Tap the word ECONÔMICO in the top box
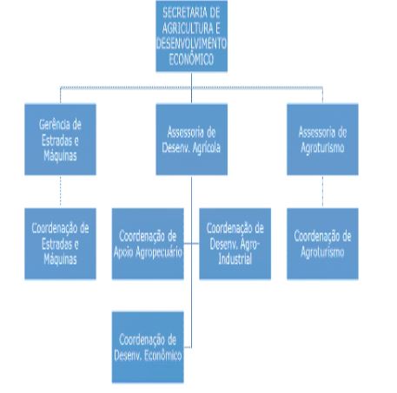[x=191, y=59]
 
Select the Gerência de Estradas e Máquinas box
[x=60, y=140]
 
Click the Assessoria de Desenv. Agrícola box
[x=191, y=140]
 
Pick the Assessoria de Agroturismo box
[x=322, y=140]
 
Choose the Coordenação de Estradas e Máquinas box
[x=60, y=244]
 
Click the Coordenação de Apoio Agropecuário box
[x=148, y=244]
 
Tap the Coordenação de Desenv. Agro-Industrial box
[x=235, y=244]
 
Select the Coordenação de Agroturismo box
[x=322, y=244]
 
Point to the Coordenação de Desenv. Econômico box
[x=148, y=347]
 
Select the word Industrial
[x=235, y=259]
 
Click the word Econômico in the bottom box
[x=163, y=356]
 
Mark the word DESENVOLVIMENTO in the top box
[x=191, y=43]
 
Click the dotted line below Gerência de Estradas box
[x=60, y=192]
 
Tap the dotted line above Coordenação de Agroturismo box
[x=322, y=192]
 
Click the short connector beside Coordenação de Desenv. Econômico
[x=188, y=347]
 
